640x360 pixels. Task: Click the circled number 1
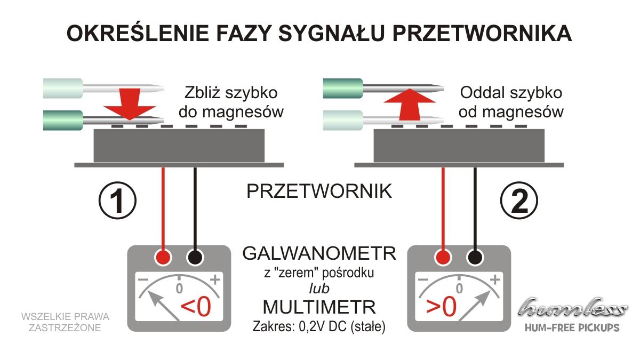pyautogui.click(x=117, y=201)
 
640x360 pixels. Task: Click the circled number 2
pyautogui.click(x=519, y=201)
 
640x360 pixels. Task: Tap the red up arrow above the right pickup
pyautogui.click(x=410, y=104)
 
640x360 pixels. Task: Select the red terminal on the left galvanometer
pyautogui.click(x=163, y=257)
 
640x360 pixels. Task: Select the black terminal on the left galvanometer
pyautogui.click(x=195, y=257)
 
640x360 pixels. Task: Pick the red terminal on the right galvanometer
pyautogui.click(x=443, y=257)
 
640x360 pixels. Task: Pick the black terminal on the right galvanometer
pyautogui.click(x=475, y=257)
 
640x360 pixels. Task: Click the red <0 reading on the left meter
pyautogui.click(x=196, y=307)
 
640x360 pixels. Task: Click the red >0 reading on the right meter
pyautogui.click(x=441, y=307)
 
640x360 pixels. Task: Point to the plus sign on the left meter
pyautogui.click(x=215, y=279)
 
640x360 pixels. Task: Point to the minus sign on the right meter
pyautogui.click(x=423, y=279)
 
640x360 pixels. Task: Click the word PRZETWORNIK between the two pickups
pyautogui.click(x=319, y=191)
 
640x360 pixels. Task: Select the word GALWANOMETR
pyautogui.click(x=319, y=253)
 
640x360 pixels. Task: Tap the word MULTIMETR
pyautogui.click(x=319, y=307)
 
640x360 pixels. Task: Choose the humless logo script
pyautogui.click(x=572, y=307)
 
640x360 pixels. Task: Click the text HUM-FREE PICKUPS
pyautogui.click(x=572, y=327)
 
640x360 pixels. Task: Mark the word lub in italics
pyautogui.click(x=319, y=289)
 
